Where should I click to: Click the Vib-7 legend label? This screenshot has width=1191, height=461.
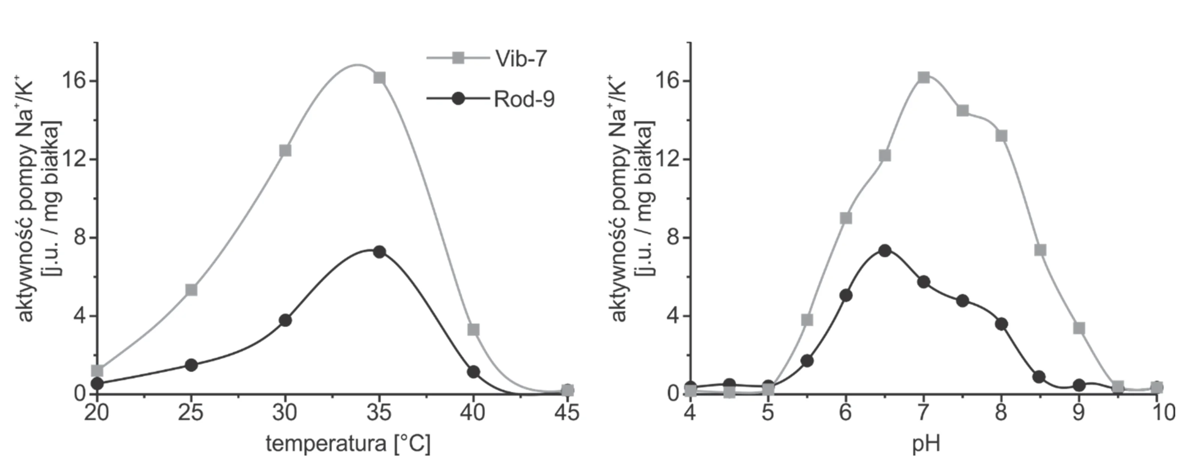point(521,59)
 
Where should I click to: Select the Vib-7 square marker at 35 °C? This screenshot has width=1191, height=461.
point(380,78)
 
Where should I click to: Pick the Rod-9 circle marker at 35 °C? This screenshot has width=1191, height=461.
point(380,252)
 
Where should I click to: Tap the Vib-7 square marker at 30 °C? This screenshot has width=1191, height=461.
point(285,150)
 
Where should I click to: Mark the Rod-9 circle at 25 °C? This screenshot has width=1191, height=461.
point(191,365)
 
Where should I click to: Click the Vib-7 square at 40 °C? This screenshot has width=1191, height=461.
point(473,330)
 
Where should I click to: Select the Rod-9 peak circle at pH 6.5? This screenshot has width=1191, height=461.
point(885,251)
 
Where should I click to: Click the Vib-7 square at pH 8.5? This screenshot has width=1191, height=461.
point(1040,250)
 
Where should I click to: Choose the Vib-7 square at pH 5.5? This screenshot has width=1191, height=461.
point(807,320)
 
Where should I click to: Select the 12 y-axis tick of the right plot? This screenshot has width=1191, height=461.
point(668,159)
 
